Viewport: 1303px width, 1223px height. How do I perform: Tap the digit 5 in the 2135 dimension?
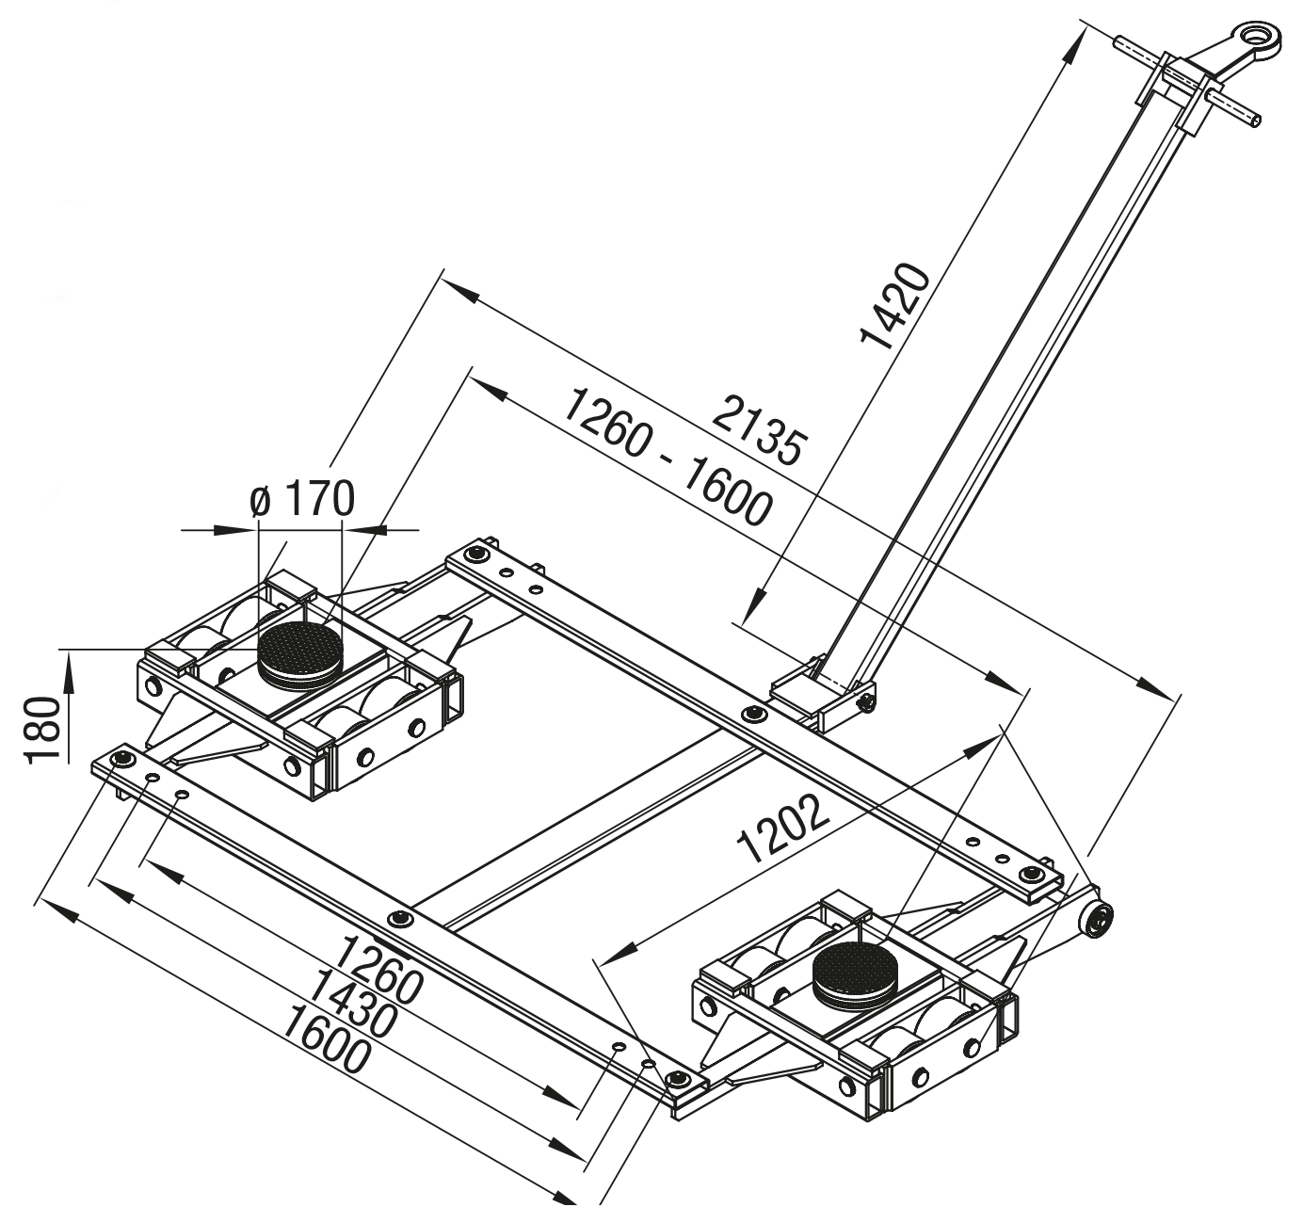click(x=788, y=448)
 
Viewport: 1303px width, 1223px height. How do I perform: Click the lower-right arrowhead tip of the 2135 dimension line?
click(x=1173, y=698)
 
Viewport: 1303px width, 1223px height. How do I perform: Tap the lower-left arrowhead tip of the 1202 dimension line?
click(x=602, y=964)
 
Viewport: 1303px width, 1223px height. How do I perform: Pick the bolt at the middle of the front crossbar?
click(x=399, y=919)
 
